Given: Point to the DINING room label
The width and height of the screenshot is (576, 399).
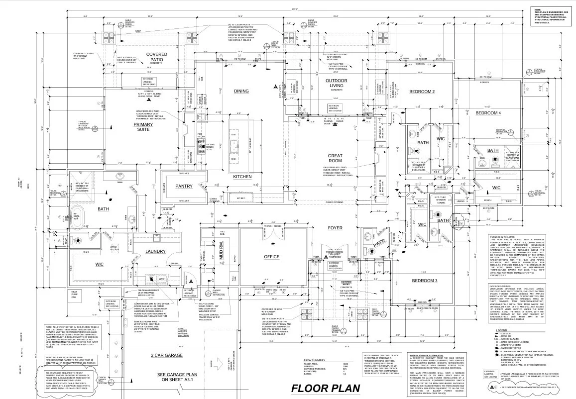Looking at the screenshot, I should tap(241, 91).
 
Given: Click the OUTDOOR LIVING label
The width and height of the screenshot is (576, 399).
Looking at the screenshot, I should tap(337, 83).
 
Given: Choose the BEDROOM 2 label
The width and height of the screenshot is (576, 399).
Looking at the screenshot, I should tap(422, 92).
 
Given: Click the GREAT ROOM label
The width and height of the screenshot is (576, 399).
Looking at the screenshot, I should tap(335, 158).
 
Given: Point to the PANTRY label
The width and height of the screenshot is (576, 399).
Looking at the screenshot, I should tap(184, 186).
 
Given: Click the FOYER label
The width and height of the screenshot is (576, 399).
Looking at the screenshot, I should tap(335, 228).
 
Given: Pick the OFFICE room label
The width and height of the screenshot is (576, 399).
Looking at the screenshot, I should tap(271, 257).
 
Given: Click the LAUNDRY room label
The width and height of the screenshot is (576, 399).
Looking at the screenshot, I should tap(155, 251).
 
